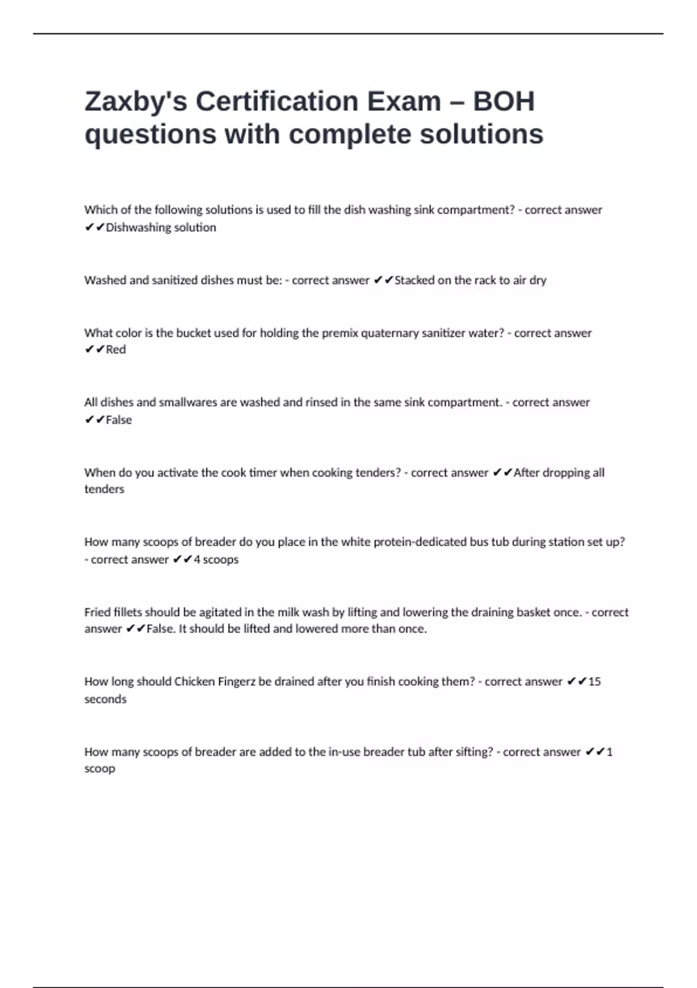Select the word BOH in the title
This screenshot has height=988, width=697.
click(x=503, y=102)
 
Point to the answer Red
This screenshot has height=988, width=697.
click(x=116, y=349)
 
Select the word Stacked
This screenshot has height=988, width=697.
click(x=414, y=280)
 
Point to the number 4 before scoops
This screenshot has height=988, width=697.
click(x=197, y=560)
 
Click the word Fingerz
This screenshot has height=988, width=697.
click(x=236, y=681)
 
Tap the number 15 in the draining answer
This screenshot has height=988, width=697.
click(x=594, y=681)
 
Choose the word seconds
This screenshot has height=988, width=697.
click(x=105, y=699)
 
